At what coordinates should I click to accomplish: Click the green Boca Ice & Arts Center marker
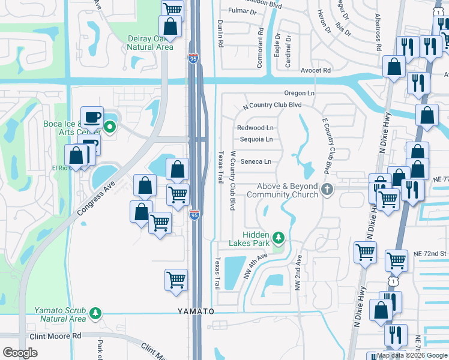tap(110, 127)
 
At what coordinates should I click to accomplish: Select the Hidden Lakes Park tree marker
tap(278, 237)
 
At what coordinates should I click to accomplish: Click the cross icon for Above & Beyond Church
tap(327, 190)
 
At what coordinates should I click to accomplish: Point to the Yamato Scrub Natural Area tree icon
tap(95, 314)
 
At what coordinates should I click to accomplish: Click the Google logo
tap(20, 352)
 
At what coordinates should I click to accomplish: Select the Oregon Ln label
tap(299, 93)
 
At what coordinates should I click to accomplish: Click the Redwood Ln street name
tap(255, 128)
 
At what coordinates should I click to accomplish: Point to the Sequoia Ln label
tap(256, 139)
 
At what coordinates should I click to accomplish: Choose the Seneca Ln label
tap(256, 161)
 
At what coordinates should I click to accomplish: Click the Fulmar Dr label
tap(242, 10)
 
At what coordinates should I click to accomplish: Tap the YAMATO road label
tap(196, 311)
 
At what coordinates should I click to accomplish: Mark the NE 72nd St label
tap(430, 254)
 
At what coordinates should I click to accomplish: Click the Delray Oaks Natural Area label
tap(150, 43)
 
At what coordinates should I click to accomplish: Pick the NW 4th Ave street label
tap(254, 266)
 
